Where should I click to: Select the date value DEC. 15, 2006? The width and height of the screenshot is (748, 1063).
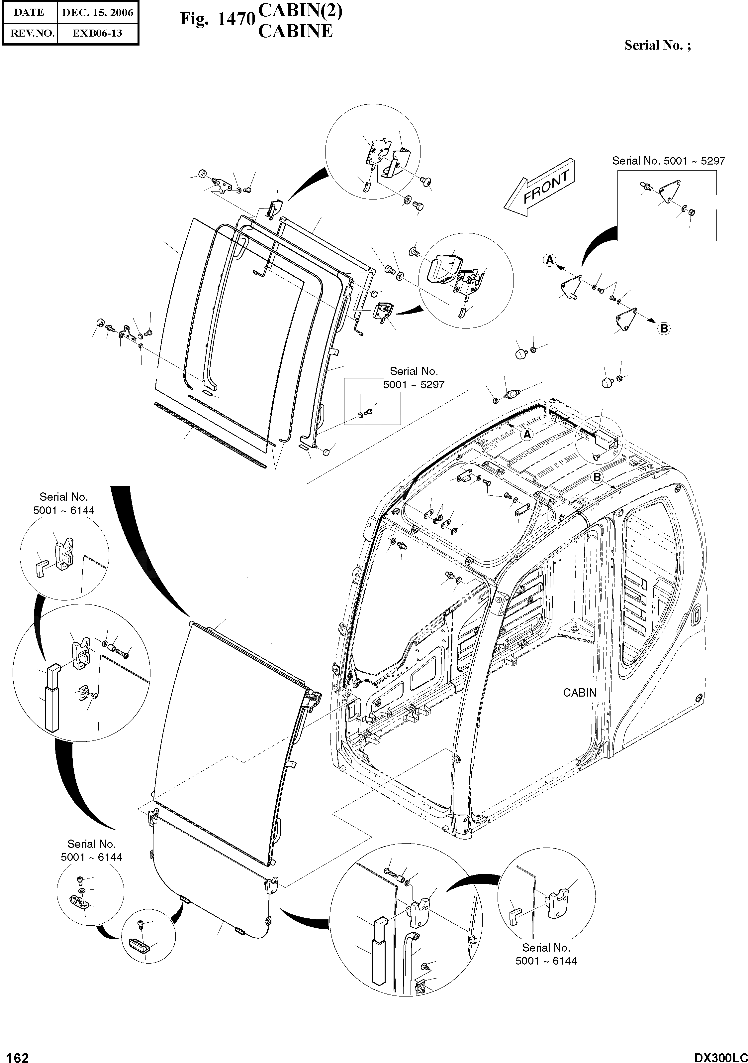pyautogui.click(x=98, y=13)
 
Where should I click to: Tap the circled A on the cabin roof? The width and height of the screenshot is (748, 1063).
pyautogui.click(x=527, y=434)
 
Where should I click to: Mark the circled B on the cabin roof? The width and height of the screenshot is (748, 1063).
pyautogui.click(x=597, y=476)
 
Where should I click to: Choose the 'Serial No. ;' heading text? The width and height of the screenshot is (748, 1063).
pyautogui.click(x=657, y=45)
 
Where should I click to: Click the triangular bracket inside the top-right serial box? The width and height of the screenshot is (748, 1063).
pyautogui.click(x=668, y=190)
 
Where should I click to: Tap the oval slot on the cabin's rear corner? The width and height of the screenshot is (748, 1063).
pyautogui.click(x=696, y=616)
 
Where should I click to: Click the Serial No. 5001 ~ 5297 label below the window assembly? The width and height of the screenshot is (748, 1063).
pyautogui.click(x=413, y=378)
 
